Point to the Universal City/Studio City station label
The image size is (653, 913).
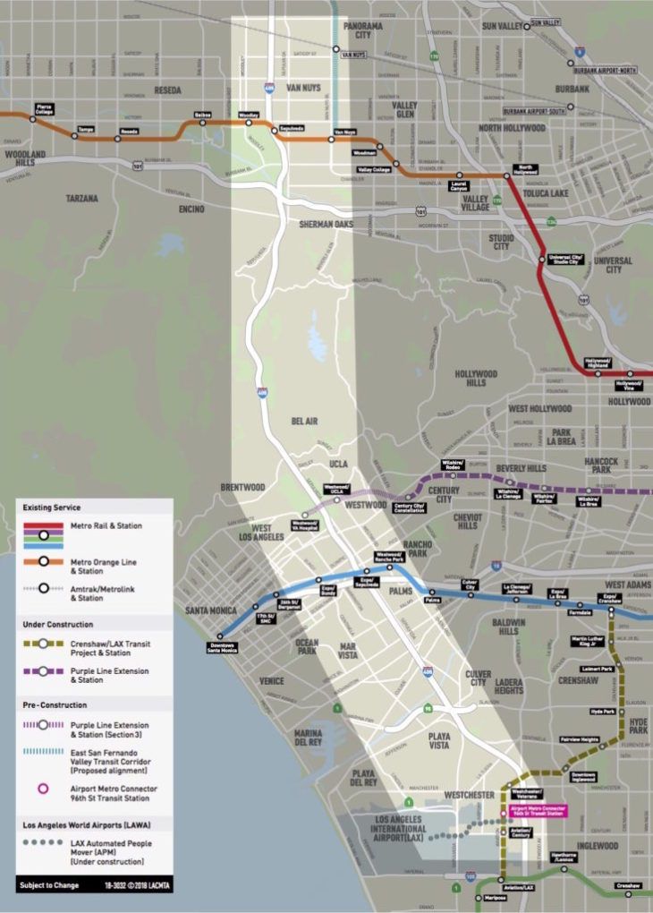click(x=566, y=259)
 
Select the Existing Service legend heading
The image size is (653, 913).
click(x=55, y=508)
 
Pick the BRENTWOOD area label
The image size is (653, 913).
click(x=242, y=488)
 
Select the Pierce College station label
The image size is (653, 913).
click(x=43, y=110)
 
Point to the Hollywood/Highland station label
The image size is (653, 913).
click(x=598, y=363)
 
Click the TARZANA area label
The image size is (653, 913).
click(x=81, y=198)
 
